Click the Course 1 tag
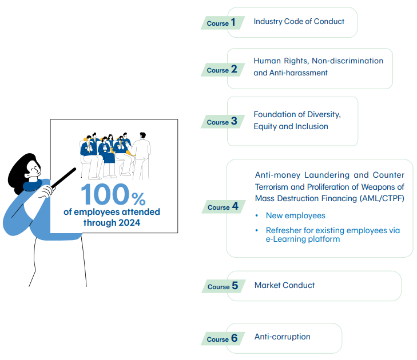[x=223, y=23]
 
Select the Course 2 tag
[x=223, y=70]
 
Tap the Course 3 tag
[x=223, y=122]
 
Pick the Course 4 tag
[x=224, y=207]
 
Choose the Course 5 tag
[x=224, y=286]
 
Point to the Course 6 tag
[x=223, y=339]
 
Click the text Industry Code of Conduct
[x=299, y=21]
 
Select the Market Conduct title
[x=284, y=285]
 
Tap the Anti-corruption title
[x=283, y=337]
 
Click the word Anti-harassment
[x=299, y=73]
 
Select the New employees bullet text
[x=296, y=215]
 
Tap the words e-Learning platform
[x=303, y=239]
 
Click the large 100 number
[x=105, y=194]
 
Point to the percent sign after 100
[x=138, y=199]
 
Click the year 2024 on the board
[x=129, y=223]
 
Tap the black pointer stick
[x=64, y=178]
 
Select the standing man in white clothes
[x=142, y=156]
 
